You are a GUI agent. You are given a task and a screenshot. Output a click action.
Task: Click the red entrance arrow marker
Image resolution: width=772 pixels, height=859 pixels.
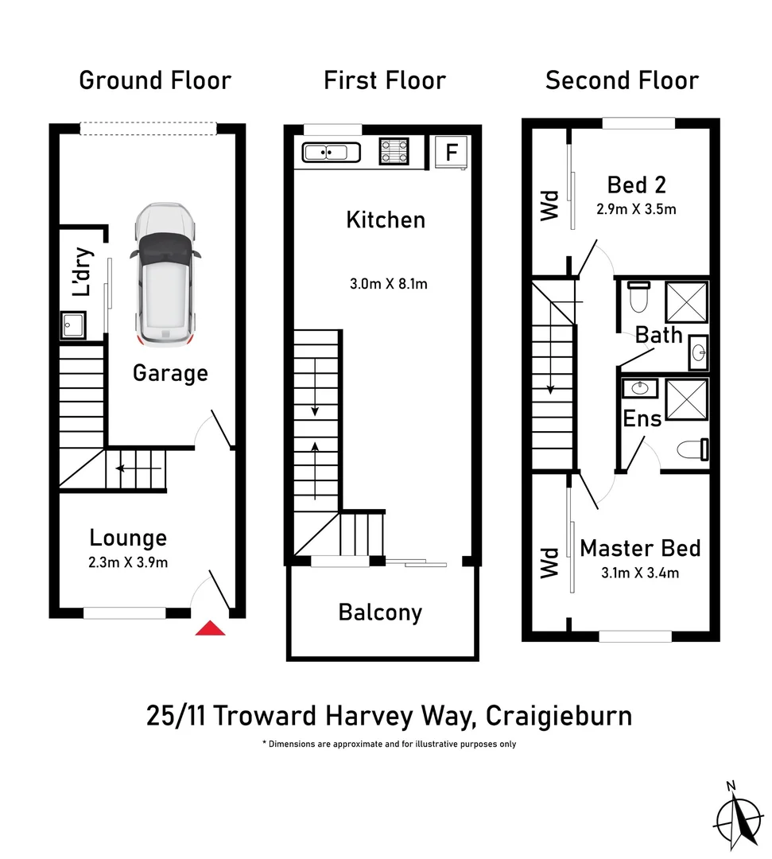211,628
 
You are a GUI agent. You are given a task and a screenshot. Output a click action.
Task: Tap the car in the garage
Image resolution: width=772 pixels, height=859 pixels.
166,274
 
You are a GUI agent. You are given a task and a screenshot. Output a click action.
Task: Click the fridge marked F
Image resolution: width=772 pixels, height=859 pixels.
451,152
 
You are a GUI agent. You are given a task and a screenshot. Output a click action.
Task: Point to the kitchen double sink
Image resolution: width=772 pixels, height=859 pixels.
327,151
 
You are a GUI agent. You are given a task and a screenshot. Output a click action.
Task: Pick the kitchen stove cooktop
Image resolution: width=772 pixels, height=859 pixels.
394,151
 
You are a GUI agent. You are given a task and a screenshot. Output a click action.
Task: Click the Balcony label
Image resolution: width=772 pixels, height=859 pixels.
380,612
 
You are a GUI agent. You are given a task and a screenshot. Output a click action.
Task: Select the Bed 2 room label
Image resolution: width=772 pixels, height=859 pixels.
636,185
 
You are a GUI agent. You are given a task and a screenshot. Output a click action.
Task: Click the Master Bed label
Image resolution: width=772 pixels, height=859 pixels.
640,548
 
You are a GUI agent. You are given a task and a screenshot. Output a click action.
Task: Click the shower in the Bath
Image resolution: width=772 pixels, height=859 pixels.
685,301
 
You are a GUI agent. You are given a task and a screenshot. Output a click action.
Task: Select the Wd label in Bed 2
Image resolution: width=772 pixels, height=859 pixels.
550,204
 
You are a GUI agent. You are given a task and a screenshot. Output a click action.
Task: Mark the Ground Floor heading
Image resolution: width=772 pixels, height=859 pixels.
155,80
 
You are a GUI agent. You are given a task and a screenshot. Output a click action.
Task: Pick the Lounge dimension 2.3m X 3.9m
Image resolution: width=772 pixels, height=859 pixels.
128,562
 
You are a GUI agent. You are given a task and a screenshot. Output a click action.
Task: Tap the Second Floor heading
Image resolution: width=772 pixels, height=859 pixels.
622,80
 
